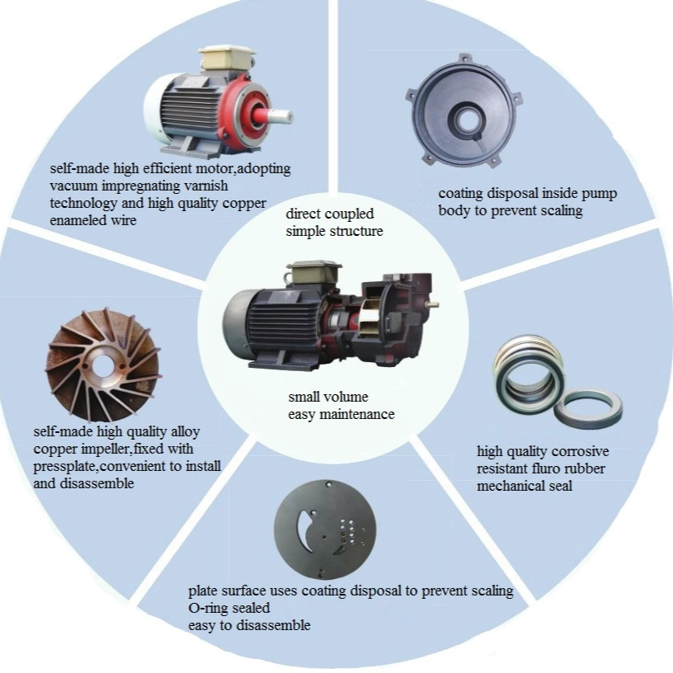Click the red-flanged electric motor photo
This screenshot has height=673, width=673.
[x=218, y=102]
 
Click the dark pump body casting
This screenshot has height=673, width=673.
[x=464, y=111]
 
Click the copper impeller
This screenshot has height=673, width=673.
[x=103, y=365]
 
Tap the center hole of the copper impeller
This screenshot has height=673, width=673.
[x=103, y=365]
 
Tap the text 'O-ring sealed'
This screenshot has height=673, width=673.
[x=229, y=608]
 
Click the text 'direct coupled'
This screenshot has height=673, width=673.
[x=330, y=214]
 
